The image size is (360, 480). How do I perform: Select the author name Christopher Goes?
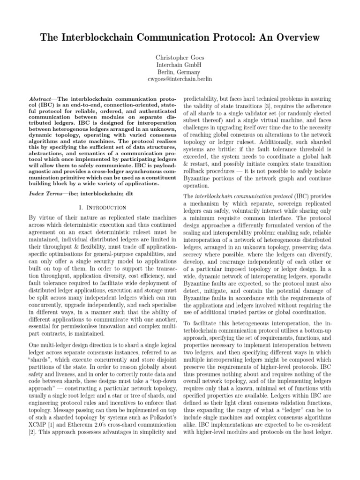click(x=180, y=57)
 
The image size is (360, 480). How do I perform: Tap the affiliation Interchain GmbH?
click(x=180, y=65)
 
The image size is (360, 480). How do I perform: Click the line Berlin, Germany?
click(x=180, y=72)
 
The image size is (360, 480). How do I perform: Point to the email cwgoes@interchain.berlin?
click(x=180, y=80)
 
